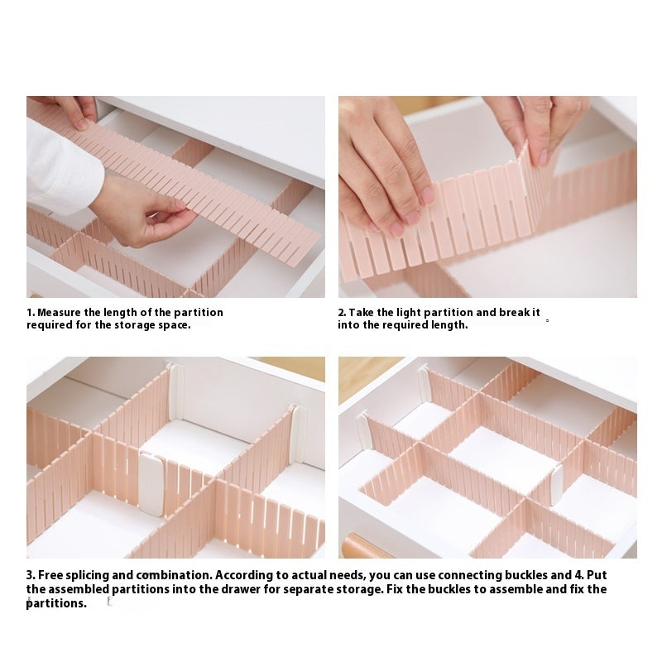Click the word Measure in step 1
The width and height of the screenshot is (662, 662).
click(x=59, y=313)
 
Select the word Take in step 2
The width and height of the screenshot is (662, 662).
click(x=361, y=313)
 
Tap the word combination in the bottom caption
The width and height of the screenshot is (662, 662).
click(x=175, y=575)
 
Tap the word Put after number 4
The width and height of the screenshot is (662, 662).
click(x=597, y=575)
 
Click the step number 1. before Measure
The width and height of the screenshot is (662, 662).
click(x=31, y=313)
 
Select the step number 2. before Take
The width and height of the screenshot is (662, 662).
click(x=342, y=313)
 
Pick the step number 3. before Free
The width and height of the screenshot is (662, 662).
click(x=31, y=575)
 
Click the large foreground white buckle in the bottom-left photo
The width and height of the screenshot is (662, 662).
click(x=152, y=484)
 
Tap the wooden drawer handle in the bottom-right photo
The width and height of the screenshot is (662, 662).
click(x=367, y=546)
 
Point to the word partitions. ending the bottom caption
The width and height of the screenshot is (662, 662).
click(x=56, y=604)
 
